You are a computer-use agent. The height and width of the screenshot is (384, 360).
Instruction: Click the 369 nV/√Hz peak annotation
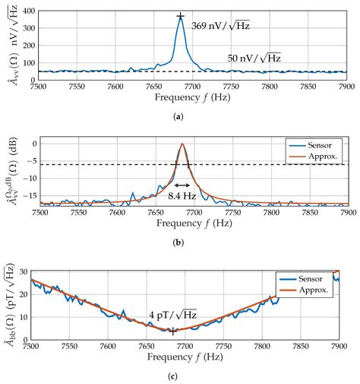click(220, 26)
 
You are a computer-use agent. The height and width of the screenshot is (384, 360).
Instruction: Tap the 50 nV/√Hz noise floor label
click(254, 58)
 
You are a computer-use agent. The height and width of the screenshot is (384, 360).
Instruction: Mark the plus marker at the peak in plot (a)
click(180, 16)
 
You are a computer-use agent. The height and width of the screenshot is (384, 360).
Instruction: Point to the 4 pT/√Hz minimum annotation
click(172, 315)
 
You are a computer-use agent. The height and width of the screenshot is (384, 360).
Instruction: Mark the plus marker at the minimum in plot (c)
click(173, 331)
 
